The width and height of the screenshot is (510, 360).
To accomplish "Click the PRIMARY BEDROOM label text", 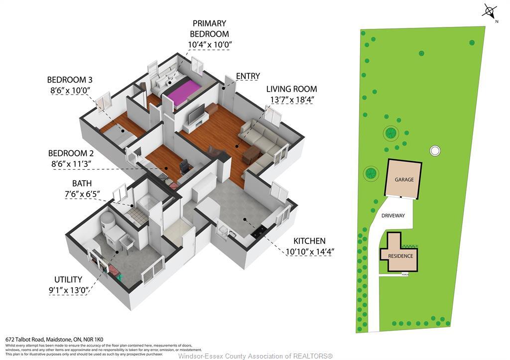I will pyautogui.click(x=209, y=29).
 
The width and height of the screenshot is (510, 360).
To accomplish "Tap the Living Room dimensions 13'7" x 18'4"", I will pyautogui.click(x=291, y=100).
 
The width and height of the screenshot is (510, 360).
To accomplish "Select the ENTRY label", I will pyautogui.click(x=248, y=76).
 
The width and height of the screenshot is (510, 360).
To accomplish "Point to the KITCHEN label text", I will pyautogui.click(x=309, y=241).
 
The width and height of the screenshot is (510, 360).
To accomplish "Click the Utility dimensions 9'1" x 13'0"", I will pyautogui.click(x=69, y=290).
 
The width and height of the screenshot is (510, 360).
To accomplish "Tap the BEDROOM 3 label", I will pyautogui.click(x=70, y=80).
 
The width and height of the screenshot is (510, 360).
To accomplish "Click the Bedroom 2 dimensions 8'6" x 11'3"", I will pyautogui.click(x=71, y=164).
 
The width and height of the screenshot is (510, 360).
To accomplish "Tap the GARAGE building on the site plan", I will pyautogui.click(x=404, y=179).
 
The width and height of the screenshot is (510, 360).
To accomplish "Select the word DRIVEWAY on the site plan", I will pyautogui.click(x=393, y=216).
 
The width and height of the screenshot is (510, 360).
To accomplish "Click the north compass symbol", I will pyautogui.click(x=490, y=11).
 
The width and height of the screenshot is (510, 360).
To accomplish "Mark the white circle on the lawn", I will pyautogui.click(x=435, y=150).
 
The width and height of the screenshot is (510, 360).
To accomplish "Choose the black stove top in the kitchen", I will pyautogui.click(x=259, y=232).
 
